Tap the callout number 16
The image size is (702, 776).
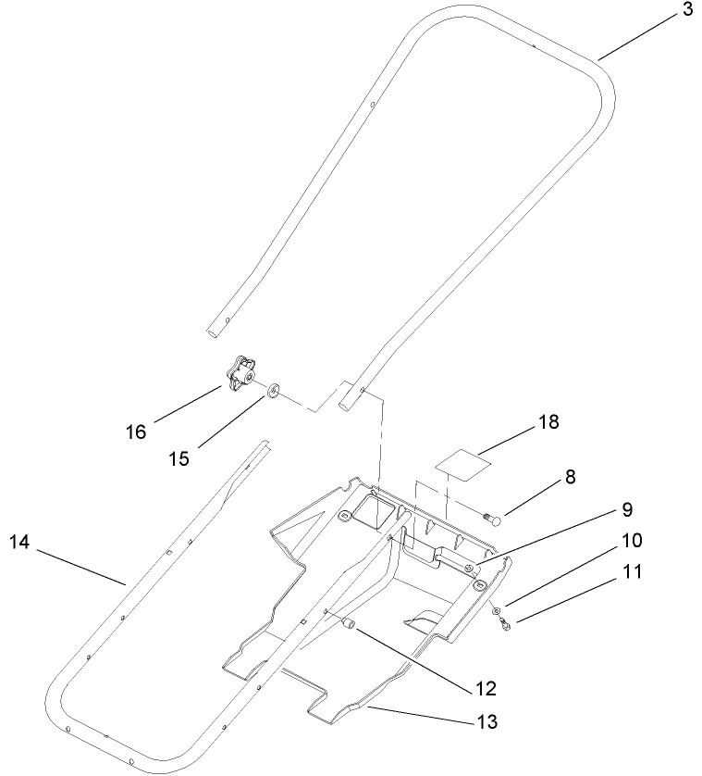coord(136,432)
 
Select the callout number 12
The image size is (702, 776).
coord(485,688)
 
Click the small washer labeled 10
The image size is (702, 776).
coord(497,611)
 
